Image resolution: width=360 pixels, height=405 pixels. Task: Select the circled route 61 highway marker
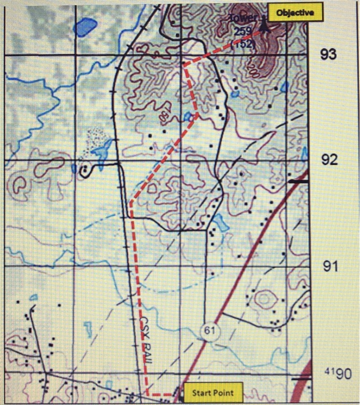click(x=208, y=330)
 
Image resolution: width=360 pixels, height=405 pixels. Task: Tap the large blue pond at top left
click(x=86, y=25)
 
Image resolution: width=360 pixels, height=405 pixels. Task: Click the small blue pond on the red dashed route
click(x=189, y=116)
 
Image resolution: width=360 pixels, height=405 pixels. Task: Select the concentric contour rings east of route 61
click(x=264, y=300)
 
